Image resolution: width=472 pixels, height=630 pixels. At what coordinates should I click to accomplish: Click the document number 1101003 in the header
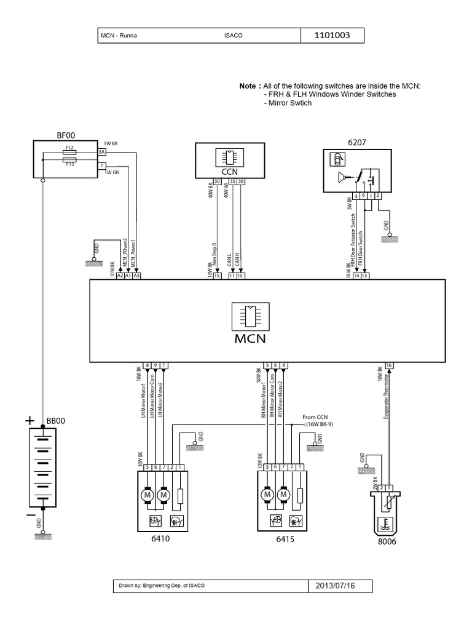[332, 36]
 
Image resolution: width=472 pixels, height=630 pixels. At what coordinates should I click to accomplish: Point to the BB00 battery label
[55, 421]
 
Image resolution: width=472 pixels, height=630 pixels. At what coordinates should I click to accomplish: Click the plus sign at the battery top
[28, 421]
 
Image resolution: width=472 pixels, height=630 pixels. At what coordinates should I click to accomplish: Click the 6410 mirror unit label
[162, 540]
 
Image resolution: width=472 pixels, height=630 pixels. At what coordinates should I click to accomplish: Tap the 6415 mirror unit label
[284, 540]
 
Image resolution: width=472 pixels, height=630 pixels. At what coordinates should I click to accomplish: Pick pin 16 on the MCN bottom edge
[388, 365]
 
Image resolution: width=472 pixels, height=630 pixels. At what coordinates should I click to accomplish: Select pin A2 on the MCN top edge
[120, 276]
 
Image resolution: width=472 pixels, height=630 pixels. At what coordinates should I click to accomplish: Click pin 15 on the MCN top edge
[216, 276]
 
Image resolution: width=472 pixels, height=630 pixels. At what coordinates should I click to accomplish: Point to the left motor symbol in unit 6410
[147, 494]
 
